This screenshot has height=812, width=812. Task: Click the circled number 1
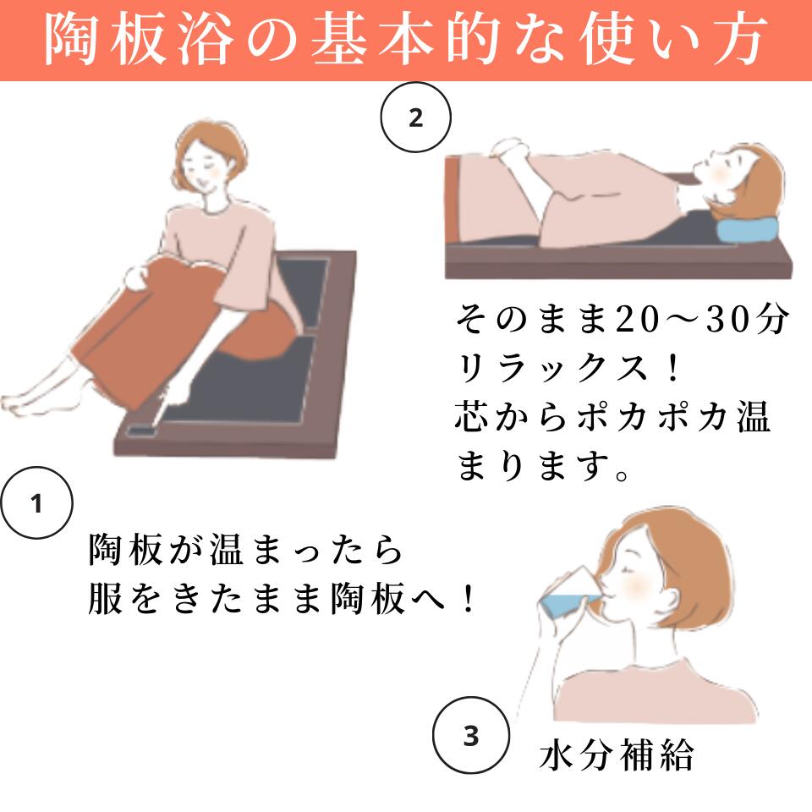coord(36,505)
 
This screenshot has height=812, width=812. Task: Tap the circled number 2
coord(415,118)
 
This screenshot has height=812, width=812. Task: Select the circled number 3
coord(470,736)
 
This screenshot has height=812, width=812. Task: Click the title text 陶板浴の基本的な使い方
coord(406,40)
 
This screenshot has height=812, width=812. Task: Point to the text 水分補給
coord(617,755)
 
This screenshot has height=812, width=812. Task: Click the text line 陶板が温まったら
coord(244,552)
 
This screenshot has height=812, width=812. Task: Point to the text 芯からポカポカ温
coord(613,418)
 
